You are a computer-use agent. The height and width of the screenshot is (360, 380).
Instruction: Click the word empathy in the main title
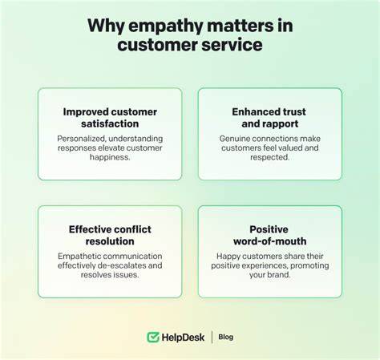pyautogui.click(x=166, y=26)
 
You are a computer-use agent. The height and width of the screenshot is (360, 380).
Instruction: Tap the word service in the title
pyautogui.click(x=232, y=45)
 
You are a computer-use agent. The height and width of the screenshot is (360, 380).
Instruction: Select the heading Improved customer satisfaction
pyautogui.click(x=110, y=118)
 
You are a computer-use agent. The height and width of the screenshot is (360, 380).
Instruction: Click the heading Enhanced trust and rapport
pyautogui.click(x=269, y=118)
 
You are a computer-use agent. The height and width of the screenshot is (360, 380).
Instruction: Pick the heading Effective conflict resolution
pyautogui.click(x=110, y=235)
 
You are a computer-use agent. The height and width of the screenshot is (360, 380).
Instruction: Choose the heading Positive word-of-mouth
pyautogui.click(x=269, y=235)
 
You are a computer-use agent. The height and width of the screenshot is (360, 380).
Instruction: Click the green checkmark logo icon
pyautogui.click(x=153, y=338)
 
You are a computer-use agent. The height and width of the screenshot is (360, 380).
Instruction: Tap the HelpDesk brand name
pyautogui.click(x=183, y=338)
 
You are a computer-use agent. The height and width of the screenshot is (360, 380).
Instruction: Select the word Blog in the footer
pyautogui.click(x=226, y=337)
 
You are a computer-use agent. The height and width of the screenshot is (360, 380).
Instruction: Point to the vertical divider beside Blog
pyautogui.click(x=212, y=338)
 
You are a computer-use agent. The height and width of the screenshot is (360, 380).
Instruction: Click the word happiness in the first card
pyautogui.click(x=110, y=157)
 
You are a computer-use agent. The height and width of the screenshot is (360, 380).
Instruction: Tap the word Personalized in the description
pyautogui.click(x=81, y=139)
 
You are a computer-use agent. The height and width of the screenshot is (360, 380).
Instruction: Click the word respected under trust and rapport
pyautogui.click(x=270, y=157)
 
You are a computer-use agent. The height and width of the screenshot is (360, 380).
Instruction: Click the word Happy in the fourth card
pyautogui.click(x=227, y=257)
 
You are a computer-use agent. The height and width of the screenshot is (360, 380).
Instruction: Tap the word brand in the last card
pyautogui.click(x=279, y=275)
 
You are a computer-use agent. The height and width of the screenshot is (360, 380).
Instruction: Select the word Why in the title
pyautogui.click(x=106, y=26)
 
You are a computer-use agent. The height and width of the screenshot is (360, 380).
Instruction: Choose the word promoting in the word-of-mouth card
pyautogui.click(x=309, y=265)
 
